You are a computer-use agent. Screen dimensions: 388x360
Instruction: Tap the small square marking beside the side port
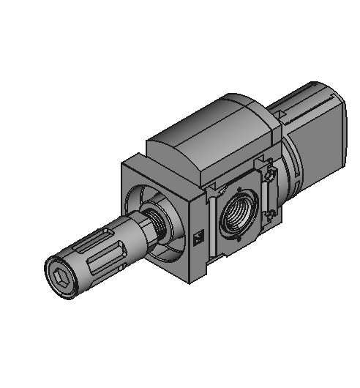tap(198, 237)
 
